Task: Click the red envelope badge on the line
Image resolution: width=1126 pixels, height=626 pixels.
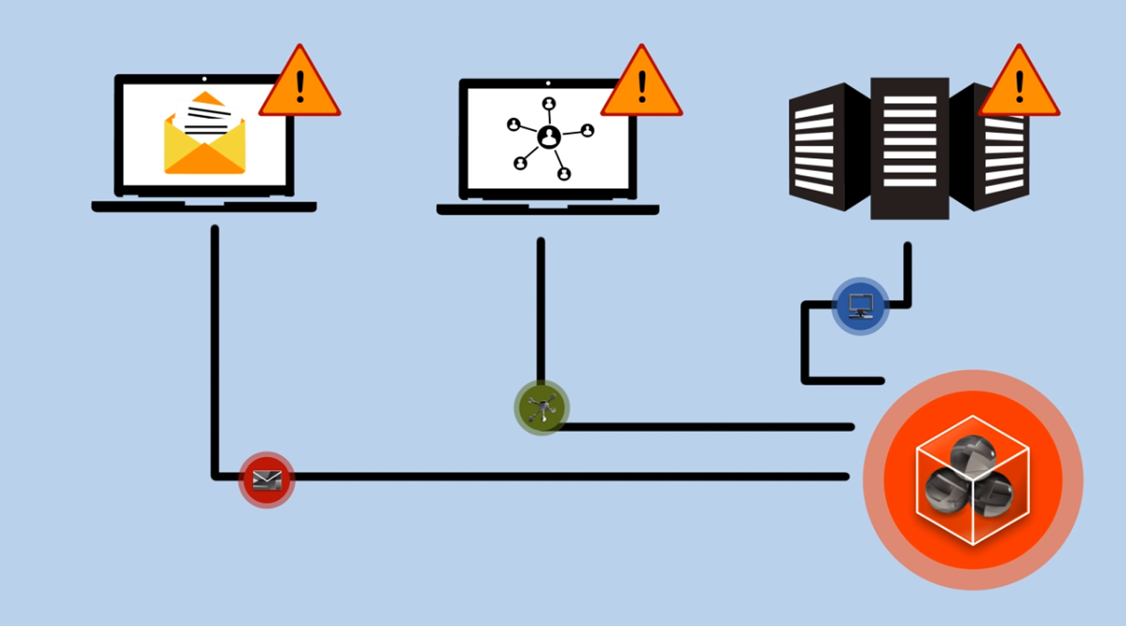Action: coord(267,479)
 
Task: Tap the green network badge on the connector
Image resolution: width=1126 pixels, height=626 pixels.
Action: coord(542,408)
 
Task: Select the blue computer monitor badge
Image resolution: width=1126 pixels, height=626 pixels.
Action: coord(861,305)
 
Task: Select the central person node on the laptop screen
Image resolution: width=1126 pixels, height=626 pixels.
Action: coord(549,137)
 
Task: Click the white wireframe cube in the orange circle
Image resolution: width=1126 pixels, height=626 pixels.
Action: coord(973,480)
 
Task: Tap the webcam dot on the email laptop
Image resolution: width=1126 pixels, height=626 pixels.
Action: coord(204,79)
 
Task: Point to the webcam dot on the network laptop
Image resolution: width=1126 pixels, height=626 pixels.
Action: coord(548,83)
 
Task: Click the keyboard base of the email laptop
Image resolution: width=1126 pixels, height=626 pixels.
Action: coord(204,207)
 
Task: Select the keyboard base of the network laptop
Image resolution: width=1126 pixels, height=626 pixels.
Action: coord(548,210)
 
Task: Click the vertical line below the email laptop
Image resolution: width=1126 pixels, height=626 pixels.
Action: coord(214,343)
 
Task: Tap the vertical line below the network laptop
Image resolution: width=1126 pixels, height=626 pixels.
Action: coord(540,308)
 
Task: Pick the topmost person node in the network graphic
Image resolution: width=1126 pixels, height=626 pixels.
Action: coord(549,104)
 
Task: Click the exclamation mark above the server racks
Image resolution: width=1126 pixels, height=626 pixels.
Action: coord(1019,87)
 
